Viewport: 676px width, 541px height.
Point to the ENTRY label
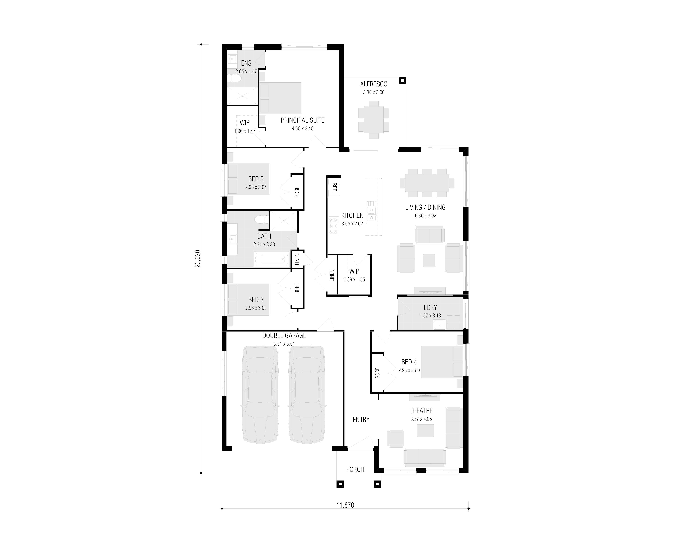(x=361, y=420)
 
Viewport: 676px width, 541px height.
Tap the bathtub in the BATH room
(x=272, y=259)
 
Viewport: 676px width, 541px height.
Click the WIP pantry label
(x=354, y=271)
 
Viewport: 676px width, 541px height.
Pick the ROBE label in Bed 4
(x=377, y=373)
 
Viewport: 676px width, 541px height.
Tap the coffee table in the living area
(x=429, y=260)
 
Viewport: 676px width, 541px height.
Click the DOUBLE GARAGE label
(x=284, y=335)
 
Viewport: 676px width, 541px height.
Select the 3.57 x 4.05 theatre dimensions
(x=421, y=419)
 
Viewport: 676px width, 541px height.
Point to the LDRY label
(x=430, y=307)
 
